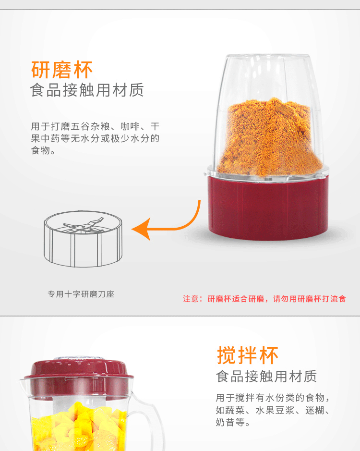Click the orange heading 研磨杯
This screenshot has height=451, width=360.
[62, 70]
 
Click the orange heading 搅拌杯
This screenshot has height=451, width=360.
[248, 355]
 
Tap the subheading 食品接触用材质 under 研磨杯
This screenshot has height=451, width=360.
[87, 90]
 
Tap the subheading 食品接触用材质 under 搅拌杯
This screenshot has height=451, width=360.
[266, 376]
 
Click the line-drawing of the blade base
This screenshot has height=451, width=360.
[83, 239]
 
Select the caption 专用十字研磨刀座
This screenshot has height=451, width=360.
[81, 294]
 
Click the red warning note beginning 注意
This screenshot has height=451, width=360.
[264, 299]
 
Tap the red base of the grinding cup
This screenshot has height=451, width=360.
[268, 207]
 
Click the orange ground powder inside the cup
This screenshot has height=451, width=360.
[269, 138]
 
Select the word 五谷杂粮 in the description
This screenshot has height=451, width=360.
[90, 126]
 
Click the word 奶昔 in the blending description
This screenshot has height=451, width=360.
[226, 422]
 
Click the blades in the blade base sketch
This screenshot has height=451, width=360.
[84, 226]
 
